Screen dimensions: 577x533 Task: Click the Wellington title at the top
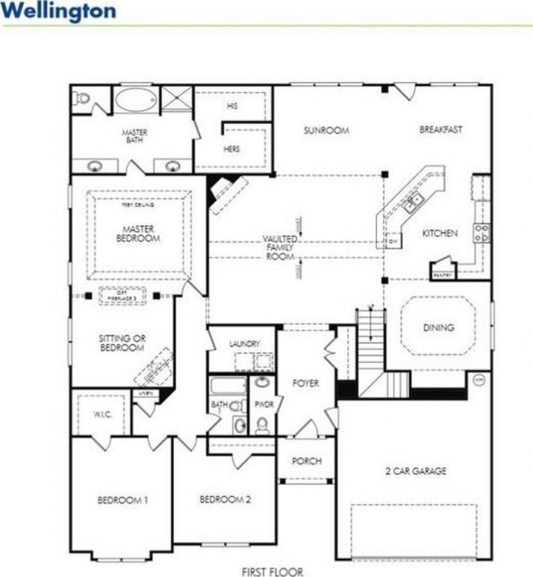59,11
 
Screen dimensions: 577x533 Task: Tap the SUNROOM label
326,130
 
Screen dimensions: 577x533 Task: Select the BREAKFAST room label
440,129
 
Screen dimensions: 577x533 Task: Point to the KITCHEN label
439,233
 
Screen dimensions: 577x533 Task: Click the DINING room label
438,327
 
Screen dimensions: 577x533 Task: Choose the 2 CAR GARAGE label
416,471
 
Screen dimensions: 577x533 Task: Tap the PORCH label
306,461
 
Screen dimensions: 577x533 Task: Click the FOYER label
306,383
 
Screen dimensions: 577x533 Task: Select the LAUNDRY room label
245,344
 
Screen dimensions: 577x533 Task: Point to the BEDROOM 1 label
122,500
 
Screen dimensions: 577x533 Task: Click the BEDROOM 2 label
225,499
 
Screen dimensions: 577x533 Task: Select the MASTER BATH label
135,136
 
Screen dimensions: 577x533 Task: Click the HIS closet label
231,106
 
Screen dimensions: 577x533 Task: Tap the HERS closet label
231,149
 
